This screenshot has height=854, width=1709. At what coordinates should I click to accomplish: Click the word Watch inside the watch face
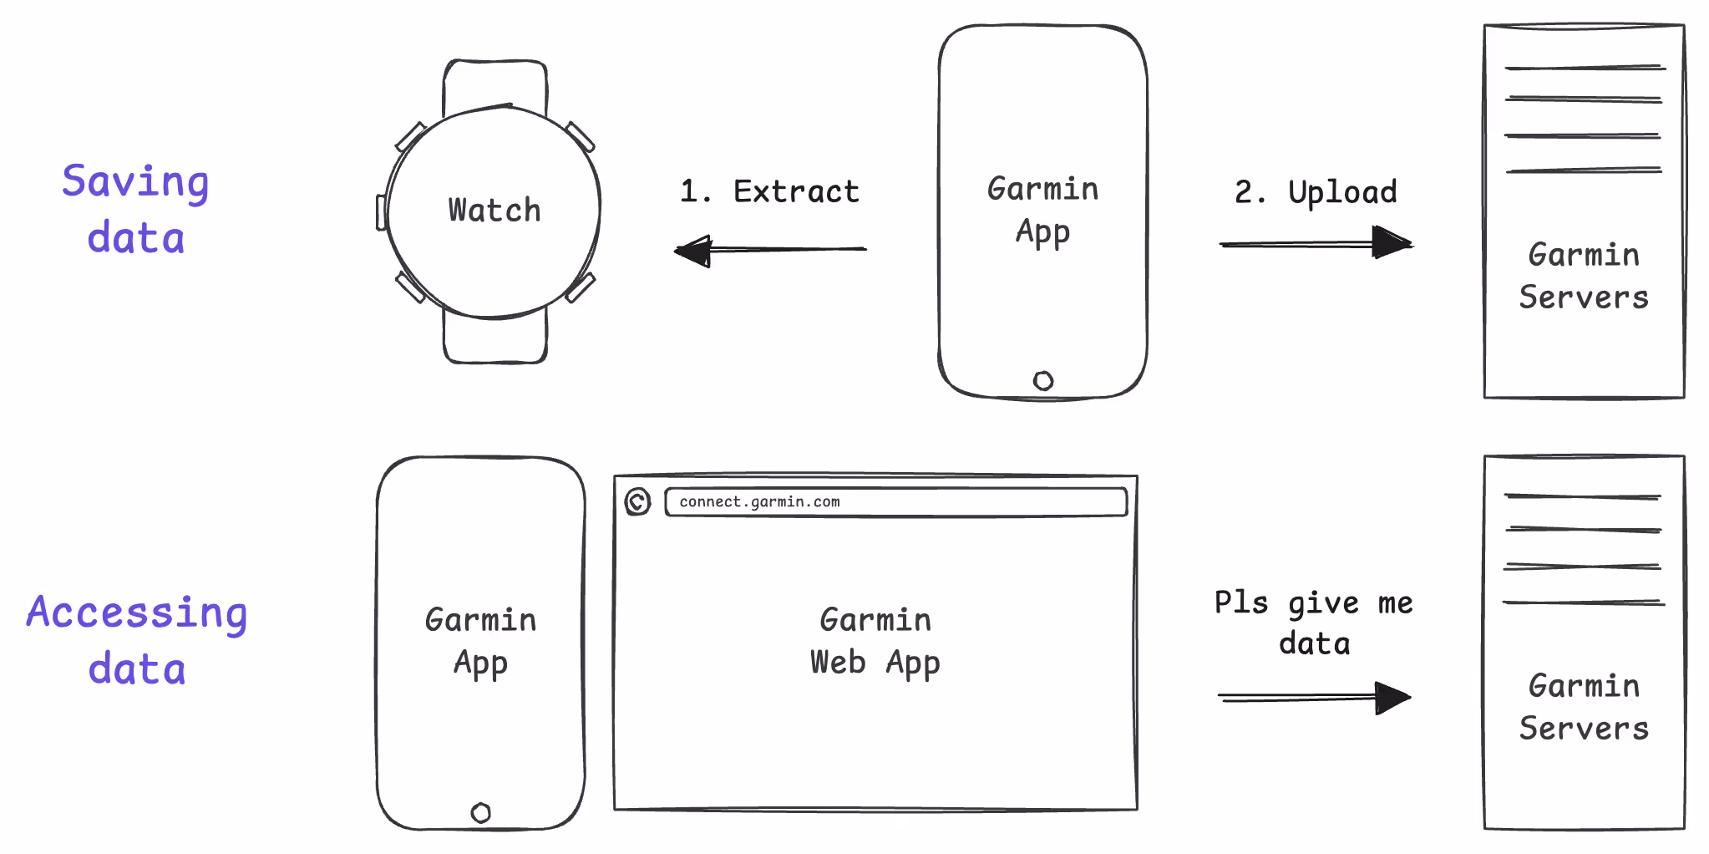tap(494, 210)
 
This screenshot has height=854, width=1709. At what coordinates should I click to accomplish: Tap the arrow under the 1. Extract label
tap(770, 250)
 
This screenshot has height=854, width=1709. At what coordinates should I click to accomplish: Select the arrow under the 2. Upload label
tap(1316, 243)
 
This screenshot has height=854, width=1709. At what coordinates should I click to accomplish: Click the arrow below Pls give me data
tap(1315, 697)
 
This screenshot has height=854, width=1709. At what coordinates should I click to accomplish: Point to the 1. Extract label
tap(769, 191)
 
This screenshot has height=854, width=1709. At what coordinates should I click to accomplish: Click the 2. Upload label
tap(1316, 192)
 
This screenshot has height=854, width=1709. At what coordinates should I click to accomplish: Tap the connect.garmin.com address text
tap(759, 501)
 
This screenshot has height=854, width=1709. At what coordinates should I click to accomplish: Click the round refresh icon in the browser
tap(637, 501)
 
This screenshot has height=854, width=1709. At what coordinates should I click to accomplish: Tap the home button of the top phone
tap(1043, 381)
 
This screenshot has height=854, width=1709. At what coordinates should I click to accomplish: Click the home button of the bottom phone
tap(481, 812)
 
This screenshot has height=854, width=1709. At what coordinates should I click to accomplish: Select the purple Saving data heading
tap(135, 209)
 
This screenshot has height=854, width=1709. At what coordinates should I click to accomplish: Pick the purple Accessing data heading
tap(137, 640)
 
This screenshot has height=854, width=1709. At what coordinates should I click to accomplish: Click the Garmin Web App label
tap(875, 641)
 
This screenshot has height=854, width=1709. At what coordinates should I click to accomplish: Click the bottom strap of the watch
tap(495, 338)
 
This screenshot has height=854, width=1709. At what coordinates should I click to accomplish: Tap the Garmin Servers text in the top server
tap(1584, 276)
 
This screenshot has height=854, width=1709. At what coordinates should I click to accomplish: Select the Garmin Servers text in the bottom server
tap(1584, 707)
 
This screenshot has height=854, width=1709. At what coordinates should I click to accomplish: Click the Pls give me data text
tap(1314, 623)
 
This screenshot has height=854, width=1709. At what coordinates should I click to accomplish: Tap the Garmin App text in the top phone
tap(1043, 210)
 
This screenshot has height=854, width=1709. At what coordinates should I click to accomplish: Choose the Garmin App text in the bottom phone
tap(481, 641)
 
